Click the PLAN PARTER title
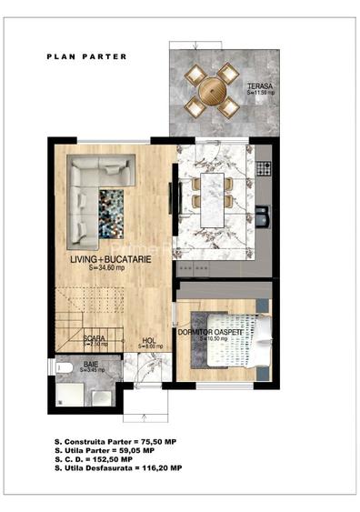pos(87,56)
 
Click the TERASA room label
pos(260,88)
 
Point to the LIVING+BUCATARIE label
pos(111,260)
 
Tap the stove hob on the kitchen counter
pos(265,168)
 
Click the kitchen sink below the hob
pos(263,216)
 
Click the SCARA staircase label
pos(94,339)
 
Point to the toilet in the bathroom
pos(64,368)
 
